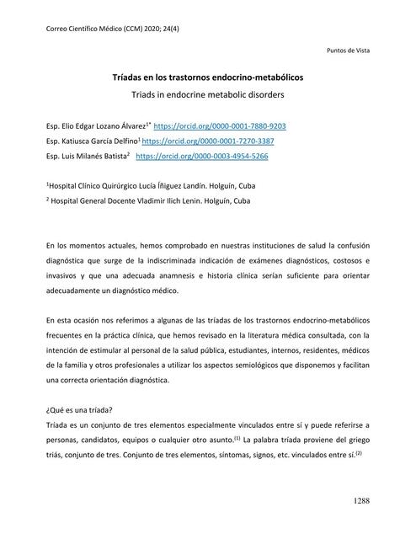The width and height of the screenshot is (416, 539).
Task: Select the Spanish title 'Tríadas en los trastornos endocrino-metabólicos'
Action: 208,77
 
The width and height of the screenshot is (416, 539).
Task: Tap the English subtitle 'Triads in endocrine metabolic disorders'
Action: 208,95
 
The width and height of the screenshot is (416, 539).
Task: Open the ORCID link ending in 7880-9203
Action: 220,126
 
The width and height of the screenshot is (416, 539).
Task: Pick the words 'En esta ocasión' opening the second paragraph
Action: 75,323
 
